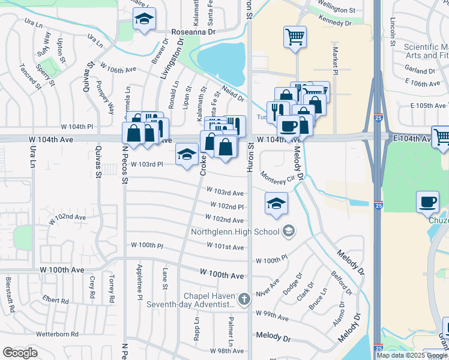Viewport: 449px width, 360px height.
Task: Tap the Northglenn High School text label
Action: click(235, 232)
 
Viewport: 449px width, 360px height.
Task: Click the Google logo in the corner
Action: click(20, 353)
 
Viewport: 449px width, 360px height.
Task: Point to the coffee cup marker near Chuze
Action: click(427, 203)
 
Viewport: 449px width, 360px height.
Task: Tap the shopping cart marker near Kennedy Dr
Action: click(295, 37)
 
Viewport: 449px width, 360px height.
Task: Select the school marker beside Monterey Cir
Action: click(276, 203)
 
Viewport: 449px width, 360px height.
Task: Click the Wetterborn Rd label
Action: click(58, 334)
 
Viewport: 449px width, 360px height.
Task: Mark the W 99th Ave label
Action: click(272, 313)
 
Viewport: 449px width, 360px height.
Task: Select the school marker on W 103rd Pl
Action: click(187, 155)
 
